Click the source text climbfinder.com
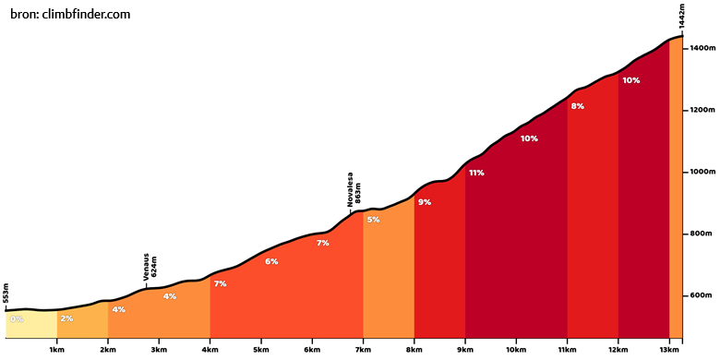(x=87, y=14)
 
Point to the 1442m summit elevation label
(x=682, y=18)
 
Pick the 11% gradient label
(x=476, y=174)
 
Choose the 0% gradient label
(x=17, y=319)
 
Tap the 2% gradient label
(x=67, y=318)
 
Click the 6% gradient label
(x=271, y=262)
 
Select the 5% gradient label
(x=373, y=220)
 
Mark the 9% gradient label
(x=425, y=202)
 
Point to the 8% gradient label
(x=577, y=106)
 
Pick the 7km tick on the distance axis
(x=363, y=350)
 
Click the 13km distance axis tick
(x=669, y=350)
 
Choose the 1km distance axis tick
(x=57, y=350)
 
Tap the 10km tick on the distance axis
(x=516, y=350)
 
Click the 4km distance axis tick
(x=210, y=350)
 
